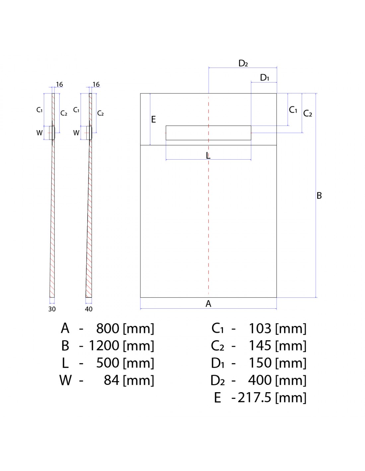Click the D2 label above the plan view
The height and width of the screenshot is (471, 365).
point(243,63)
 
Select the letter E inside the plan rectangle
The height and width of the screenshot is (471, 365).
point(154,120)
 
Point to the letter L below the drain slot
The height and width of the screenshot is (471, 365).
point(208,155)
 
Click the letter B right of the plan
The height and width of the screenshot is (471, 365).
point(319,196)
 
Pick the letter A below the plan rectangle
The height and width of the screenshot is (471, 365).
point(208,304)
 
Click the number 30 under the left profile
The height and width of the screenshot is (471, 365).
point(52,309)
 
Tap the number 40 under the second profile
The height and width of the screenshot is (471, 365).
point(89,309)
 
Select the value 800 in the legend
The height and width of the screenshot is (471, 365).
point(108,328)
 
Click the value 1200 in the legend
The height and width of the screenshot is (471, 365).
point(104,345)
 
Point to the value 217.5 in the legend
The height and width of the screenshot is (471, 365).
point(255,398)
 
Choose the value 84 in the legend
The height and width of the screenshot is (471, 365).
point(111,380)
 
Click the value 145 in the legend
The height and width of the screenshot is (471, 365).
point(260,345)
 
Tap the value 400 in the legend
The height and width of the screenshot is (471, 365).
point(260,380)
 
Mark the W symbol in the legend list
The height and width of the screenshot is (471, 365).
point(65,380)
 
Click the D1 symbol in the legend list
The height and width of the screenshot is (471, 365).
point(217,363)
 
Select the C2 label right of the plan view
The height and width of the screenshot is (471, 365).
point(308,113)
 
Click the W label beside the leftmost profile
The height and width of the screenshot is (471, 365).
point(39,132)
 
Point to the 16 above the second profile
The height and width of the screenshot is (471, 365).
point(96,84)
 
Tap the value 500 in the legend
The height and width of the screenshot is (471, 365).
point(108,363)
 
